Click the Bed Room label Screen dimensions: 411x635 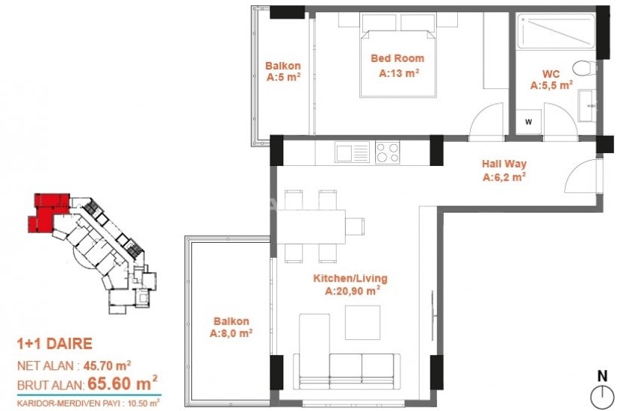(398, 58)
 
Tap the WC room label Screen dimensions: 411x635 (551, 74)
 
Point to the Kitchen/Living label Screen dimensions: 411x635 (351, 279)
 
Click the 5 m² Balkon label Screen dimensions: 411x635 (284, 65)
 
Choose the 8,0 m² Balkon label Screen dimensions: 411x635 (231, 321)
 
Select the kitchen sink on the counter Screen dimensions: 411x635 (353, 153)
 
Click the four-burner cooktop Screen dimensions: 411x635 (387, 153)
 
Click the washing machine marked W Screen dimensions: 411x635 (529, 121)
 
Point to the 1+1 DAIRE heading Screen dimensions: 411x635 (55, 344)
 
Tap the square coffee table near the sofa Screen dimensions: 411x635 (363, 322)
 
